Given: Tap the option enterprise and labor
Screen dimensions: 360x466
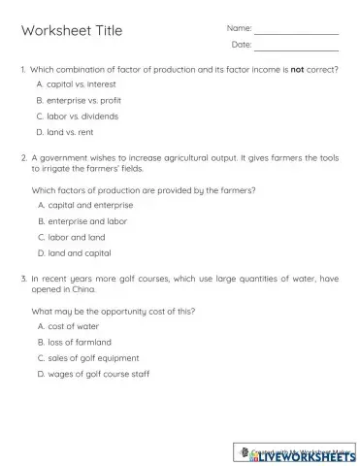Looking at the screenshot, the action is pyautogui.click(x=86, y=221).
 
